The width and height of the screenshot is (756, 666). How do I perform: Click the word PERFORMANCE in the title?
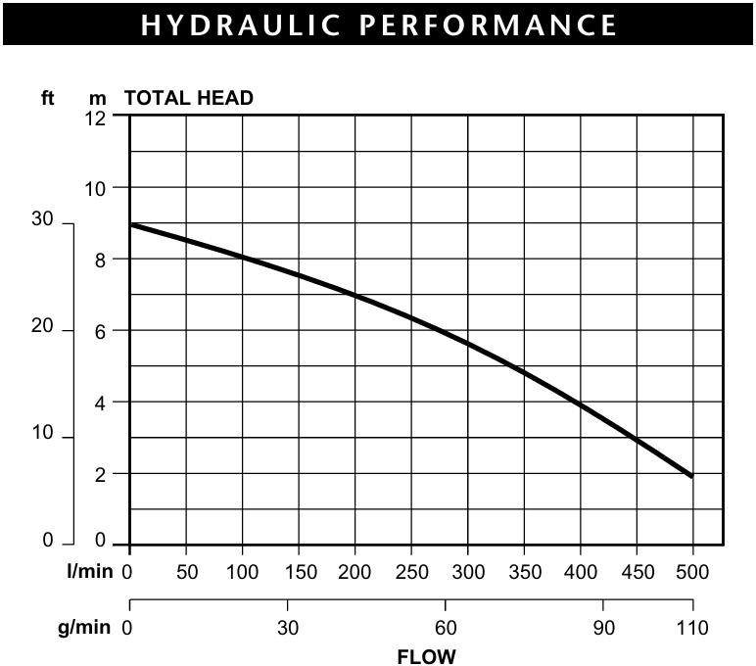491,24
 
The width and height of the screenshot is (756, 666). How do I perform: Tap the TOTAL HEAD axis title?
189,98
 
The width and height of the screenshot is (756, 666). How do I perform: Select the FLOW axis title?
425,655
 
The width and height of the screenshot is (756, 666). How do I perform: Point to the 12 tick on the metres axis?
96,117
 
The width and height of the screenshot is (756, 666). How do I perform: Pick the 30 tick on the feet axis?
42,220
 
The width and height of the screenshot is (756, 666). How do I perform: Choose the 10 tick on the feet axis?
42,434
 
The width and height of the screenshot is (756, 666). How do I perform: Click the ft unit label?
47,98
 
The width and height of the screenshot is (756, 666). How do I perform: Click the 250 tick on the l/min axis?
411,572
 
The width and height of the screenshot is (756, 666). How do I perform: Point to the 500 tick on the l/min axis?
692,572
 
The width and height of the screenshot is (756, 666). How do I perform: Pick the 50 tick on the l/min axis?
186,572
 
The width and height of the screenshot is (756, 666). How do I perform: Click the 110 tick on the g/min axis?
692,628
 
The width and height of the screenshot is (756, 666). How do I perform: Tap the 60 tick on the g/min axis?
446,628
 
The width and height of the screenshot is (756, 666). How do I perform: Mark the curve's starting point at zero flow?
131,224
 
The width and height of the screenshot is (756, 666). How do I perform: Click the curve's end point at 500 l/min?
691,476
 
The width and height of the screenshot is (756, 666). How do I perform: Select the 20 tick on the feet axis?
42,327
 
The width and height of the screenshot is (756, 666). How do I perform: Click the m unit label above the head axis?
98,98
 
